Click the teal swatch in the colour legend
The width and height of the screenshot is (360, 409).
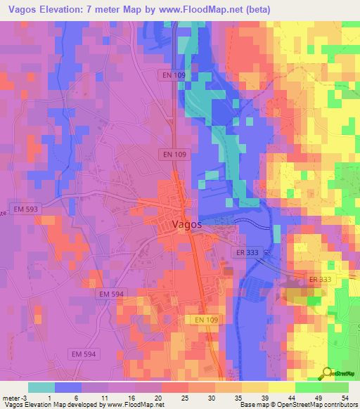(41, 387)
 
